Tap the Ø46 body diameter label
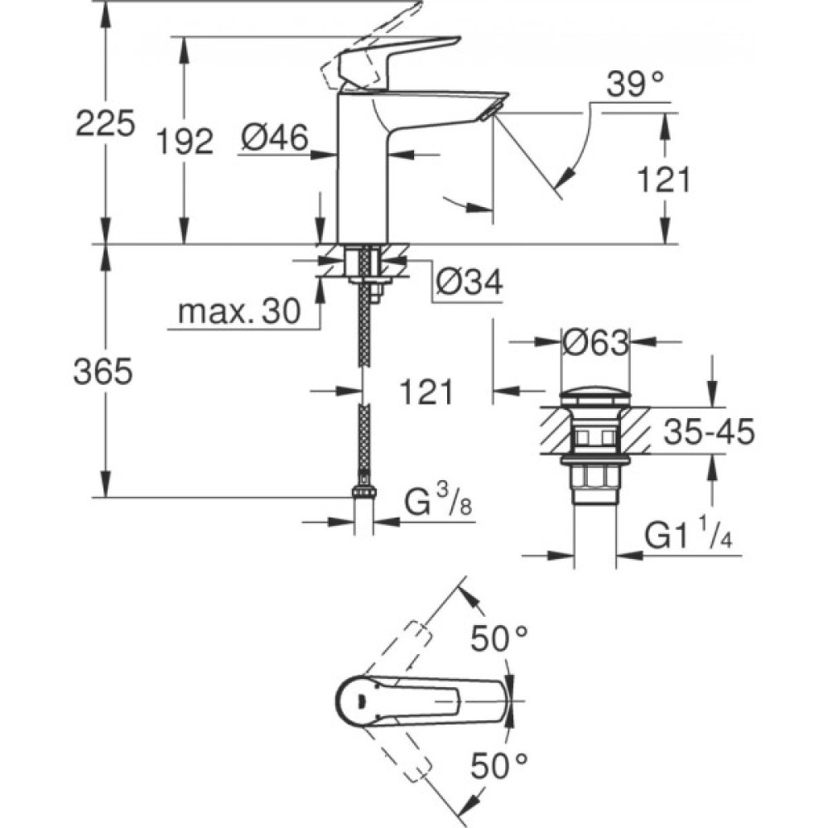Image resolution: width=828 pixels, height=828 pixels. click(275, 137)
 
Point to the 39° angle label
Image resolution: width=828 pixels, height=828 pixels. click(636, 83)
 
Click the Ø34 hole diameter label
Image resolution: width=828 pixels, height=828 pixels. click(469, 283)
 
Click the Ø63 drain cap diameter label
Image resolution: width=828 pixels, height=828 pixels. click(595, 343)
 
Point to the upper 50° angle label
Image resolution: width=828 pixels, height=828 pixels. click(499, 638)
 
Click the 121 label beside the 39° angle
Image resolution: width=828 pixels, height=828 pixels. click(663, 180)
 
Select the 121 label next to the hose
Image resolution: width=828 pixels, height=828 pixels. click(427, 392)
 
